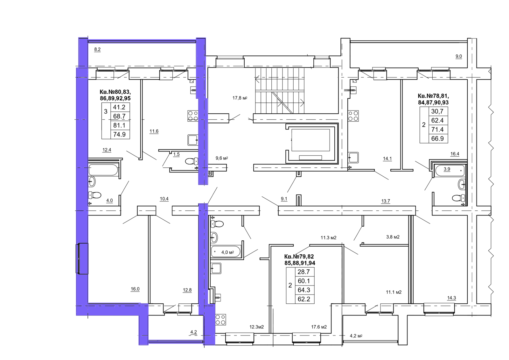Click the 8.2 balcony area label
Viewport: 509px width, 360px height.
(97, 49)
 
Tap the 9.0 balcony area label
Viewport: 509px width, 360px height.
(458, 56)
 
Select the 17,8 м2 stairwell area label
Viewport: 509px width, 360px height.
(240, 98)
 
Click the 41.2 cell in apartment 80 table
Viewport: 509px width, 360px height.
(119, 107)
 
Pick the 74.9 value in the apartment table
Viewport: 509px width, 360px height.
(119, 134)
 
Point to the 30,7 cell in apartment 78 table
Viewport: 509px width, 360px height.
(437, 111)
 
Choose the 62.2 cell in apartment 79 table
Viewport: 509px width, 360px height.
(304, 299)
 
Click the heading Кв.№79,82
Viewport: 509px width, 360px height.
(299, 257)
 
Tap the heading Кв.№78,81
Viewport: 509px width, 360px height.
(433, 96)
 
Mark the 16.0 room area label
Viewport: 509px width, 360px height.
(135, 289)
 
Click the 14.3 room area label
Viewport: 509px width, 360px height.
(451, 298)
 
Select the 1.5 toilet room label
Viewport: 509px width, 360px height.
(176, 154)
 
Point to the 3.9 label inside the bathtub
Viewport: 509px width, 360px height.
(447, 169)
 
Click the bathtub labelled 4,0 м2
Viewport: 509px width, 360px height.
(226, 252)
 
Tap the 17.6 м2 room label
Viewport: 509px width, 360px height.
(319, 327)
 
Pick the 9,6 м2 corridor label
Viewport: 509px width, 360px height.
(221, 158)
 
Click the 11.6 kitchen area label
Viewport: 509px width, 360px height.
(154, 131)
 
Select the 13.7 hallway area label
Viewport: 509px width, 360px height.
(386, 201)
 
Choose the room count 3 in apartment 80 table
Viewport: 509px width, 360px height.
(106, 112)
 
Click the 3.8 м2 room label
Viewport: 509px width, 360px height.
(393, 237)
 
